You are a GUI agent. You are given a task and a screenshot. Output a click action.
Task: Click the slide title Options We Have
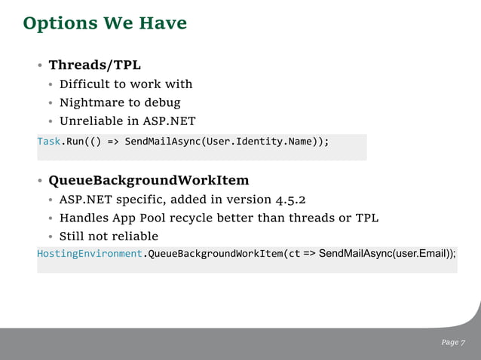(105, 24)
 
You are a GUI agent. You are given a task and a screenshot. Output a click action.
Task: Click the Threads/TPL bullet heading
(94, 65)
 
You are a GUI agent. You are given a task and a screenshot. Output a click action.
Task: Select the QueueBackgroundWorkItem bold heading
(149, 181)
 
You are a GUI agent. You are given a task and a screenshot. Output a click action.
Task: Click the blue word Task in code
(48, 142)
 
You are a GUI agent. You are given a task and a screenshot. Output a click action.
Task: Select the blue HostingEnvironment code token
(90, 253)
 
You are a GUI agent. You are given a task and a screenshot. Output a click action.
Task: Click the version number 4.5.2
(292, 200)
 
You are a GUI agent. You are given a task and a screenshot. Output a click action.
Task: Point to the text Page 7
(453, 343)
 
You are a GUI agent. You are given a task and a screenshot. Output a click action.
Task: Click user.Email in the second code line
(421, 253)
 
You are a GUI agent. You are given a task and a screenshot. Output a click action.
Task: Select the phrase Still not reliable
(109, 236)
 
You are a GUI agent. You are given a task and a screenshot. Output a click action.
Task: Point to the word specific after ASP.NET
(139, 200)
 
